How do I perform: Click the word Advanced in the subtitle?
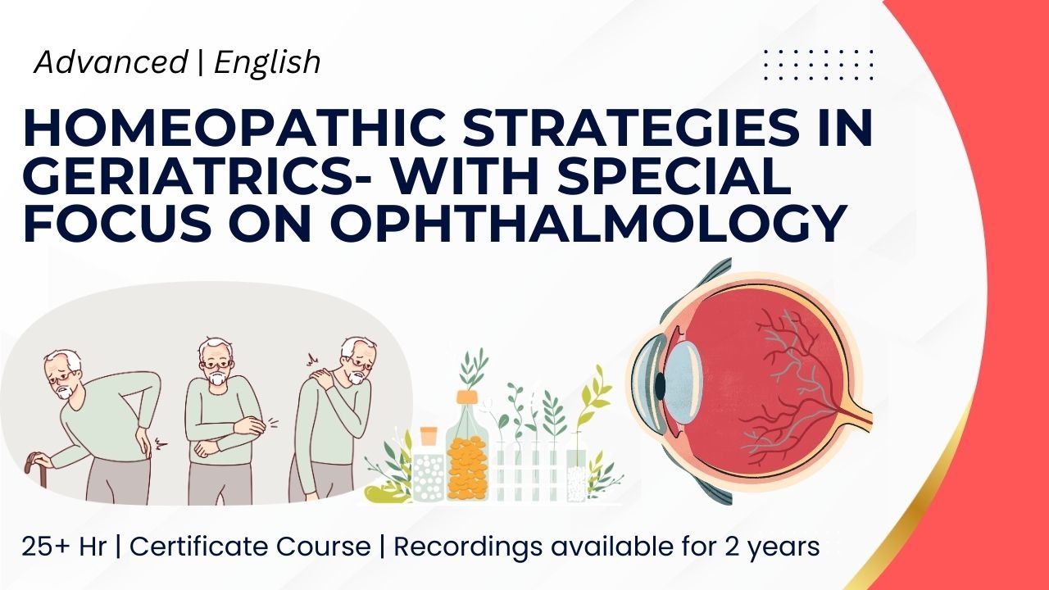tap(111, 62)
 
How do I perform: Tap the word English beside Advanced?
tap(267, 62)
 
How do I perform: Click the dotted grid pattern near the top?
tap(818, 65)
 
